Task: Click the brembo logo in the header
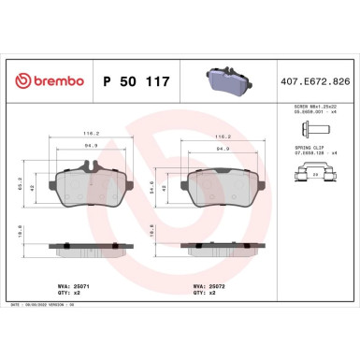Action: (46, 82)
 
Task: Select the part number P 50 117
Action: (132, 82)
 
